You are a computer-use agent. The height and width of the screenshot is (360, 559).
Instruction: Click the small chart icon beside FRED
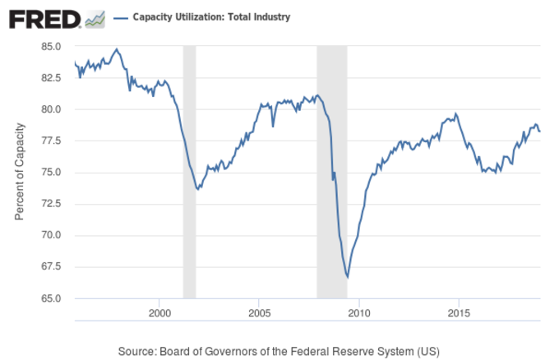[x=95, y=17]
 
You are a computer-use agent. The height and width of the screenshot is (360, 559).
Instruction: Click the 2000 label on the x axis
[x=159, y=314]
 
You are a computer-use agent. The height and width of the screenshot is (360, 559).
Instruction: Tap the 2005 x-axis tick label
[x=259, y=314]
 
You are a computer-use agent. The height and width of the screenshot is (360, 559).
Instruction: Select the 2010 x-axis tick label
[x=359, y=314]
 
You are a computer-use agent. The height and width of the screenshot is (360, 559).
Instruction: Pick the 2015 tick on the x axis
[x=459, y=314]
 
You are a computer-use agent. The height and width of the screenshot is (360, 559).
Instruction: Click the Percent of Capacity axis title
[x=19, y=172]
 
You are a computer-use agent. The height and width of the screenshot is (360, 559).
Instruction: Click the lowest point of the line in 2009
[x=347, y=277]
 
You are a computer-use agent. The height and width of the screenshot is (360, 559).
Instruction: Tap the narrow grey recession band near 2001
[x=189, y=172]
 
